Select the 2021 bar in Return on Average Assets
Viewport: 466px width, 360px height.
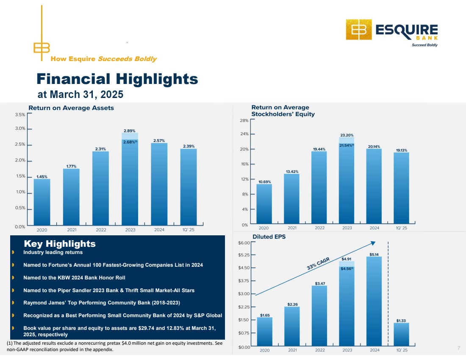(x=71, y=197)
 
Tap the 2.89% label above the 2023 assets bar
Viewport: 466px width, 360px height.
(x=130, y=131)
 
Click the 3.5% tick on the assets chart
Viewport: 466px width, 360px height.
(x=19, y=114)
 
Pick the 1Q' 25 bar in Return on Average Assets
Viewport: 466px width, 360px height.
(x=189, y=187)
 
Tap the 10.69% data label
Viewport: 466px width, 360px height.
(x=264, y=182)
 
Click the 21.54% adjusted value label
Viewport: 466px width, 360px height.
(x=347, y=145)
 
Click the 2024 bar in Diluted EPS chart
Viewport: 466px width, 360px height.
(x=374, y=301)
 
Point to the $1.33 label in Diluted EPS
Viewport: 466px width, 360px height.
(x=402, y=321)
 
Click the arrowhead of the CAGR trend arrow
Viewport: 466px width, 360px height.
(x=373, y=243)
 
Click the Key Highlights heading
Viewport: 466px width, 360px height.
(x=60, y=244)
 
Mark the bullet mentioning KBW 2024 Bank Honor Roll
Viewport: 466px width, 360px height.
(x=74, y=278)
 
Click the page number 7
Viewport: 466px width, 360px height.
(x=459, y=348)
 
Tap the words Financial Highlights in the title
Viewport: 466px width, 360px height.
(x=117, y=79)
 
